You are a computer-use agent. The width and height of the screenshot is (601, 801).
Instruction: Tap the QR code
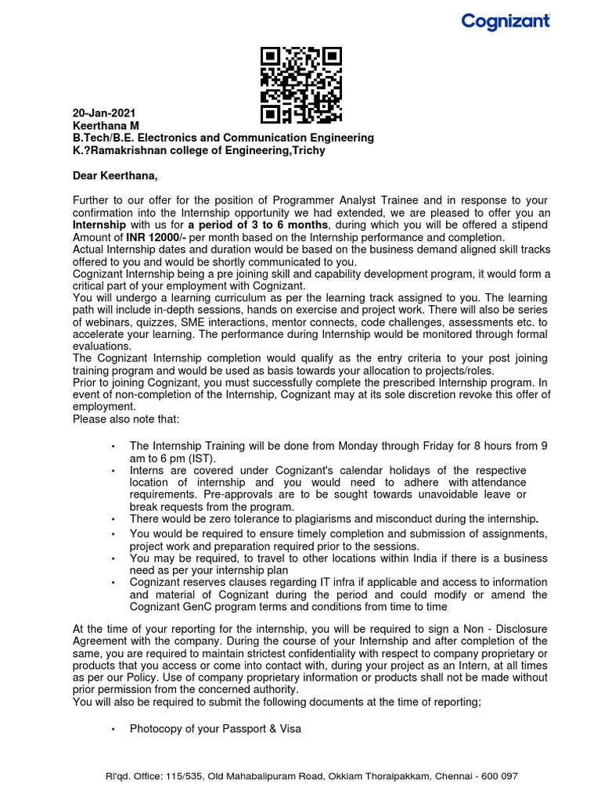click(301, 85)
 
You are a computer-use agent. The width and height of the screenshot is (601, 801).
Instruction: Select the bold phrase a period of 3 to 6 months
click(255, 225)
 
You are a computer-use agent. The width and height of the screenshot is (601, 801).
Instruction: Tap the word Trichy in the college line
click(309, 150)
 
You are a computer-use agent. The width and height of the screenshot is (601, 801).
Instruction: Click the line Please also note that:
click(126, 419)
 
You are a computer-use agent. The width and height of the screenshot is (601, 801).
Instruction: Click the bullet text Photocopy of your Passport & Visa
click(215, 729)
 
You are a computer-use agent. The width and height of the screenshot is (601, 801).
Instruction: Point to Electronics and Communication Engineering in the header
click(257, 138)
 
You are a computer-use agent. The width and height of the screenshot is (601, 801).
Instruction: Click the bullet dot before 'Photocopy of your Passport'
click(113, 729)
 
